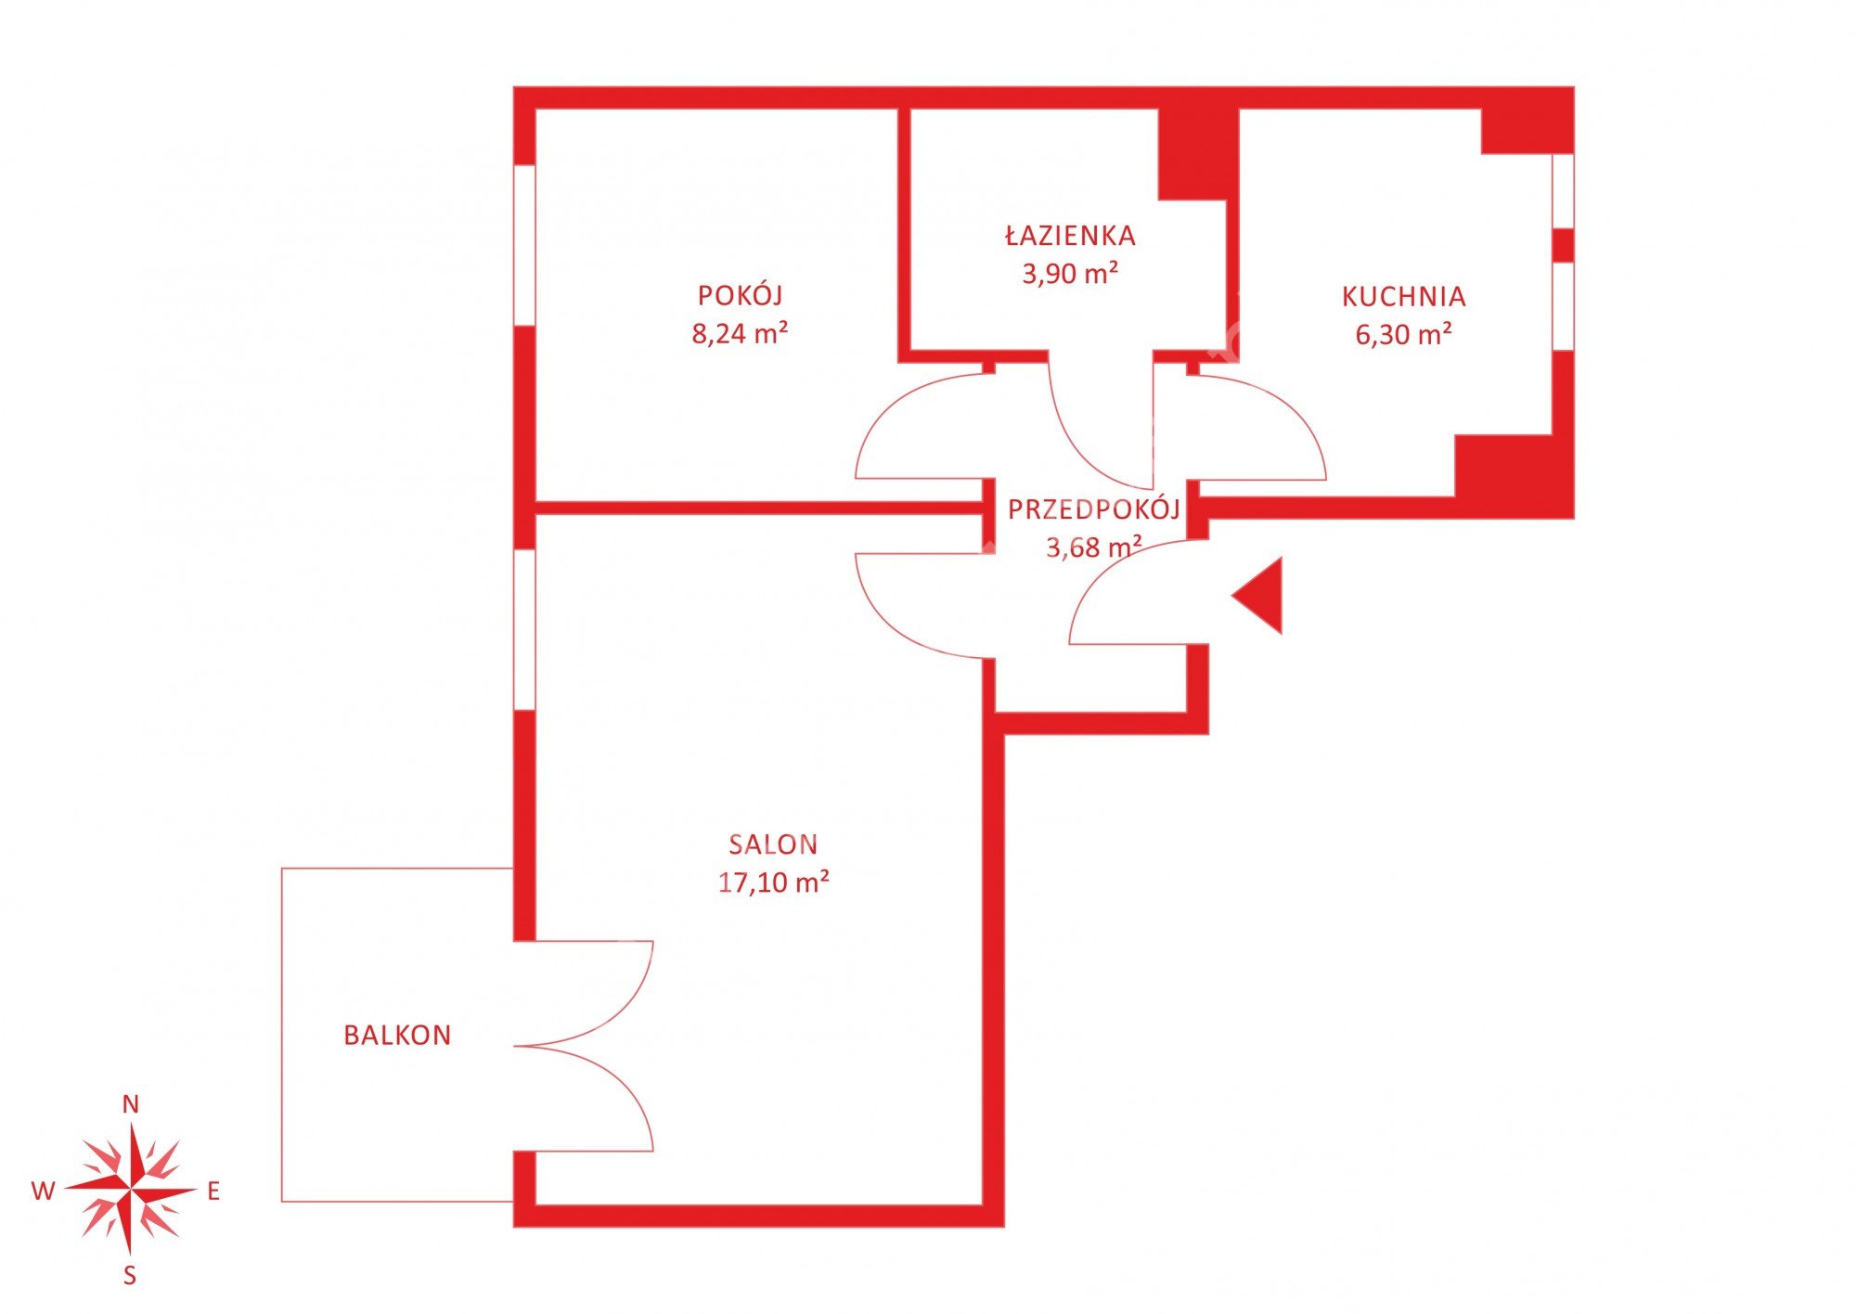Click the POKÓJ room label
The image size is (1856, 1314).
740,294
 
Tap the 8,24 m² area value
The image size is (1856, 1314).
740,333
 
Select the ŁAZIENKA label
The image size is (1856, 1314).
1070,235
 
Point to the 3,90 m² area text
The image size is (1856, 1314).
1070,274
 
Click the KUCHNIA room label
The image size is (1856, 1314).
1404,297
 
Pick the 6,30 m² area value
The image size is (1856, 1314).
1404,334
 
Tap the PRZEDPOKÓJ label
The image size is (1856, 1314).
1094,509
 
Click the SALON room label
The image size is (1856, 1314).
773,844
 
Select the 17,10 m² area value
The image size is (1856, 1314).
773,882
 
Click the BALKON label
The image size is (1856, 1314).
397,1036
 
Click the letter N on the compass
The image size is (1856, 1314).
131,1104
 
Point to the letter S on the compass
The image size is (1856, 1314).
130,1276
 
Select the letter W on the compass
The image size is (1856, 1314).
44,1192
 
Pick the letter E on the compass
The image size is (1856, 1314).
213,1192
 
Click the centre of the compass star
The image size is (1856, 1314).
131,1190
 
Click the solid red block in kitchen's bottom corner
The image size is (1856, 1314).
1514,476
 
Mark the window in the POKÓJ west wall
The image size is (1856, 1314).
524,245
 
